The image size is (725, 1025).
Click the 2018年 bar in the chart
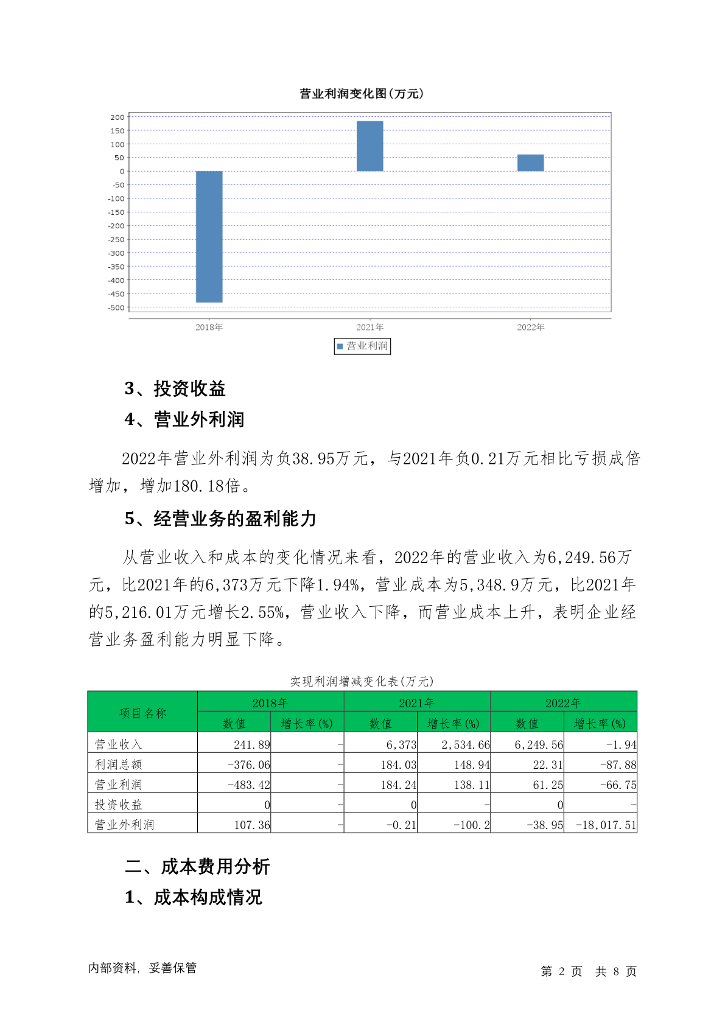coord(209,236)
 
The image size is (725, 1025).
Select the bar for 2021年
coord(370,146)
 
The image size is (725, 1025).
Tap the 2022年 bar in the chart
coord(530,163)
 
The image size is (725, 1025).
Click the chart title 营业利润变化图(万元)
coord(362,94)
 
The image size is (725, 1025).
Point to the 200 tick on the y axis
coord(117,117)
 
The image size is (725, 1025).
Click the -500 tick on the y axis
coord(116,308)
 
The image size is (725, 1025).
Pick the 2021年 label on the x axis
coord(370,327)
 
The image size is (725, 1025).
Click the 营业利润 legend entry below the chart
coord(362,346)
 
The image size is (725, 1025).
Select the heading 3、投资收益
coord(175,388)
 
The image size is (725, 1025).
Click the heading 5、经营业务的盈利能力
coord(220,519)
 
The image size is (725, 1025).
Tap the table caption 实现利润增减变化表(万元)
coord(362,682)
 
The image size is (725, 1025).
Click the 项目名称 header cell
coord(142,713)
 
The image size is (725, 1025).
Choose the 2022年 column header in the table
coord(563,703)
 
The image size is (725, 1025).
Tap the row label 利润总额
coord(119,764)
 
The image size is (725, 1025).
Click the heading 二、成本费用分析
coord(197,867)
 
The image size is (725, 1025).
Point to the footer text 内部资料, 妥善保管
coord(142,968)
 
